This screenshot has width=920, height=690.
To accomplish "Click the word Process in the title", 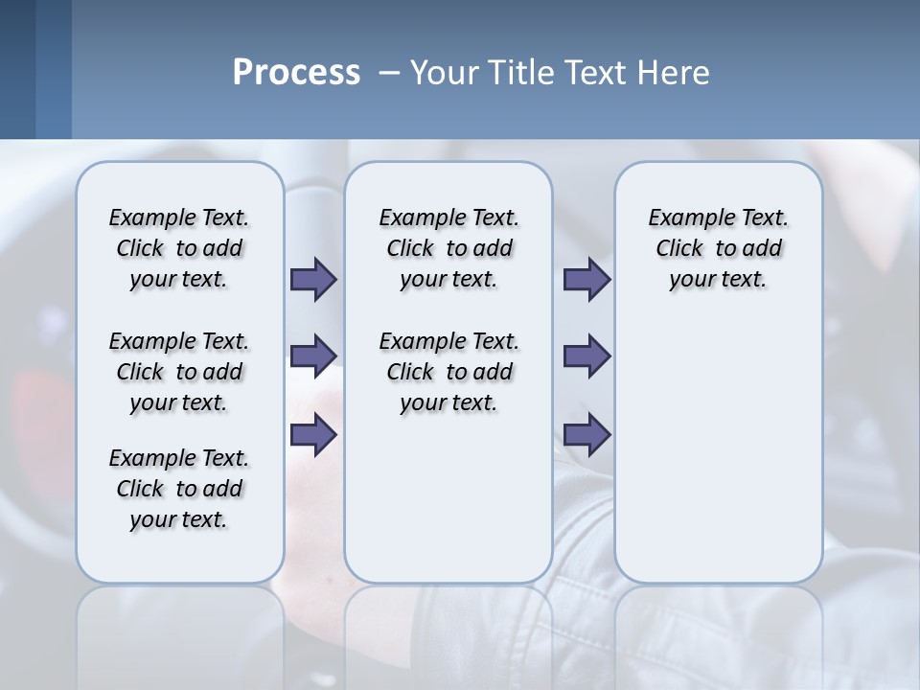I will (296, 72).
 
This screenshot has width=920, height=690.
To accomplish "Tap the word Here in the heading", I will (673, 72).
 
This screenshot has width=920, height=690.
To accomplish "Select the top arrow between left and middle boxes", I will (313, 280).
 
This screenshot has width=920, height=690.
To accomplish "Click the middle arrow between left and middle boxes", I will (313, 356).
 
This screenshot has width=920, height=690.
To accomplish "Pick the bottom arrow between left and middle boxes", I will (313, 435).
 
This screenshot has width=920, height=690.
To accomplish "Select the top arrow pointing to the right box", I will (586, 280).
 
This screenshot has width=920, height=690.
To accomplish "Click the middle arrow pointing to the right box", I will (586, 356).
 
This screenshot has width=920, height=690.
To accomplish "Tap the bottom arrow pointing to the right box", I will (586, 435).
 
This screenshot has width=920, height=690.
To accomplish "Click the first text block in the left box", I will (179, 248).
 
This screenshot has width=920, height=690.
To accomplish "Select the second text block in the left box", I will (179, 372).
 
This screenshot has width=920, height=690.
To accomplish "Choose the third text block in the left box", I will (179, 489).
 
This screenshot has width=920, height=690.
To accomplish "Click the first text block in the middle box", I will (448, 248).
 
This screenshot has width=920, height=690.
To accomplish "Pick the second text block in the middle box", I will (448, 372).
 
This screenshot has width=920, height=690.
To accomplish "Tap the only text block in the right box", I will (718, 248).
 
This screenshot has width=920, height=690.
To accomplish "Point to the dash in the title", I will (389, 73).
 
